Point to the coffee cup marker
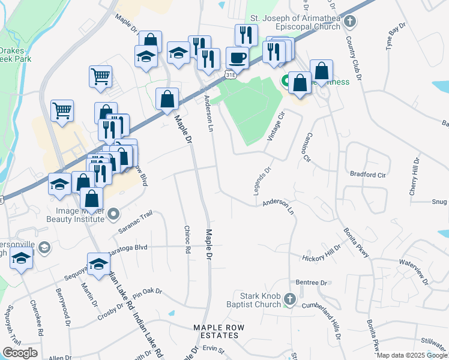(x=237, y=58)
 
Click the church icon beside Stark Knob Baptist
(x=289, y=299)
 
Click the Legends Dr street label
(x=263, y=180)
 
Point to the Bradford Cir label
(x=367, y=175)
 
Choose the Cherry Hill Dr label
(x=414, y=176)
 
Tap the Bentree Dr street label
(x=311, y=282)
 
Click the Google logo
(x=20, y=353)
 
